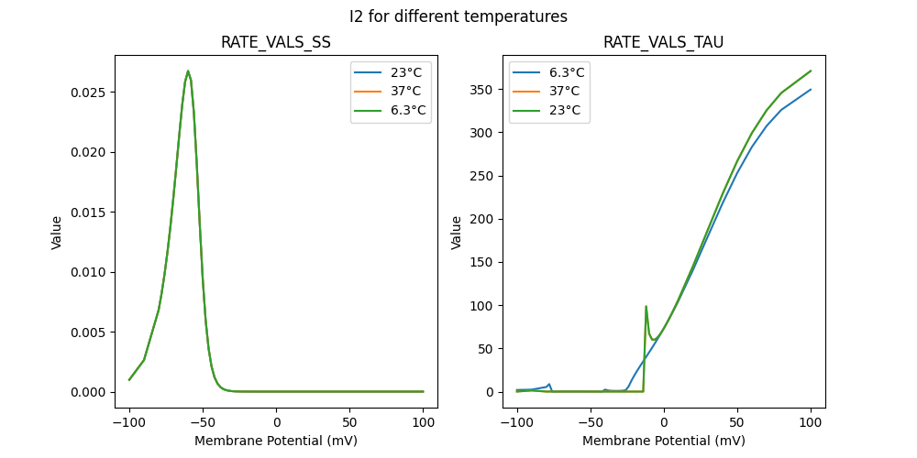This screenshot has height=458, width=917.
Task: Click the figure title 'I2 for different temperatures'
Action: [458, 16]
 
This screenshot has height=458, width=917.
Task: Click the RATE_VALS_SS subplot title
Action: [276, 43]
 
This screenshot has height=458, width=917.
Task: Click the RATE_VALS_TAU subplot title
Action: [664, 43]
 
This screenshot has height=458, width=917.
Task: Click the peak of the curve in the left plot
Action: [188, 71]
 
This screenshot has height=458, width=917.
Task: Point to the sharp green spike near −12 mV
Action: [646, 307]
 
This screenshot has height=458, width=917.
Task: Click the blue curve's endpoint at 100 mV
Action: [811, 90]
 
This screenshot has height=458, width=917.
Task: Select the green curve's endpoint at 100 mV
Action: [811, 71]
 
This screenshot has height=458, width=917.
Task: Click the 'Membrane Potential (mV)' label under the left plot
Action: [276, 441]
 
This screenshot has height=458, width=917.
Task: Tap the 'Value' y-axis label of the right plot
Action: [456, 232]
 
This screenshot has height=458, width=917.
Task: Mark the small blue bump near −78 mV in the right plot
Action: [549, 385]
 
